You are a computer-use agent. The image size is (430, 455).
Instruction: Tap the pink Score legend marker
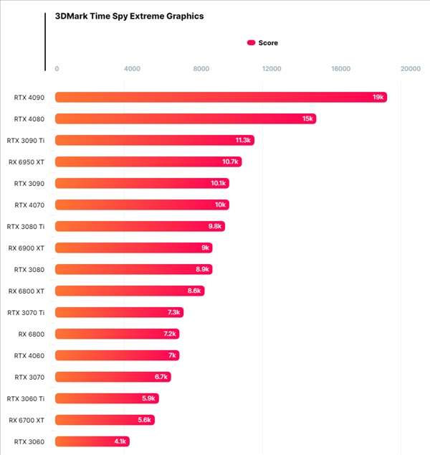[x=251, y=43]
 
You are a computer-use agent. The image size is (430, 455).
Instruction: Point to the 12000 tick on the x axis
[x=271, y=69]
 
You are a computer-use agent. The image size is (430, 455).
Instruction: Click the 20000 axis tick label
[x=411, y=69]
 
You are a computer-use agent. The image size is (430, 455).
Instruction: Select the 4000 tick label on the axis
[x=132, y=69]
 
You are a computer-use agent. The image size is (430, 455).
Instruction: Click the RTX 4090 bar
[x=221, y=97]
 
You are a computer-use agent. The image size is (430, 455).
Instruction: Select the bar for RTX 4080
[x=186, y=118]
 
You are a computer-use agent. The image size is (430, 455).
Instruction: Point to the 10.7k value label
[x=230, y=161]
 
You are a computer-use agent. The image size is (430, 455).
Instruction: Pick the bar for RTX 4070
[x=142, y=205]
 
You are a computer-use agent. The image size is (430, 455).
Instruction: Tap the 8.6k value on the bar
[x=194, y=291]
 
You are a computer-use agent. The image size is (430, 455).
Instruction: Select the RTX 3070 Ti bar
[x=119, y=312]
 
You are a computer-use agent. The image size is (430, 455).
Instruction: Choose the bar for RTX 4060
[x=117, y=355]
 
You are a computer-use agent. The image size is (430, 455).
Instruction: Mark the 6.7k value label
[x=161, y=377]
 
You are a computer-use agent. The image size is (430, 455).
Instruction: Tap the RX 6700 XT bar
[x=105, y=420]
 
